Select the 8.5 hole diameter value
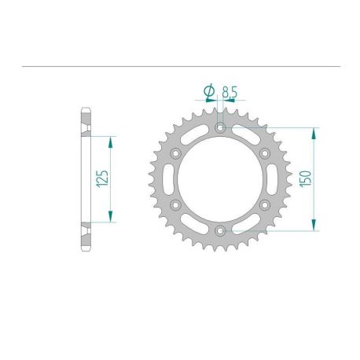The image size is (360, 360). [230, 93]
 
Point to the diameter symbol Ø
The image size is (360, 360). [209, 93]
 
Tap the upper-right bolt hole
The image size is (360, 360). [265, 152]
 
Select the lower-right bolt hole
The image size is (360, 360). [265, 205]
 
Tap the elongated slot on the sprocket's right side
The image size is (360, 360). [271, 179]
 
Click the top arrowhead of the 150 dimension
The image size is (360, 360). [316, 130]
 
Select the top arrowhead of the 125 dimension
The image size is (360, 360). [110, 139]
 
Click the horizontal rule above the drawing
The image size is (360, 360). [180, 68]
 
